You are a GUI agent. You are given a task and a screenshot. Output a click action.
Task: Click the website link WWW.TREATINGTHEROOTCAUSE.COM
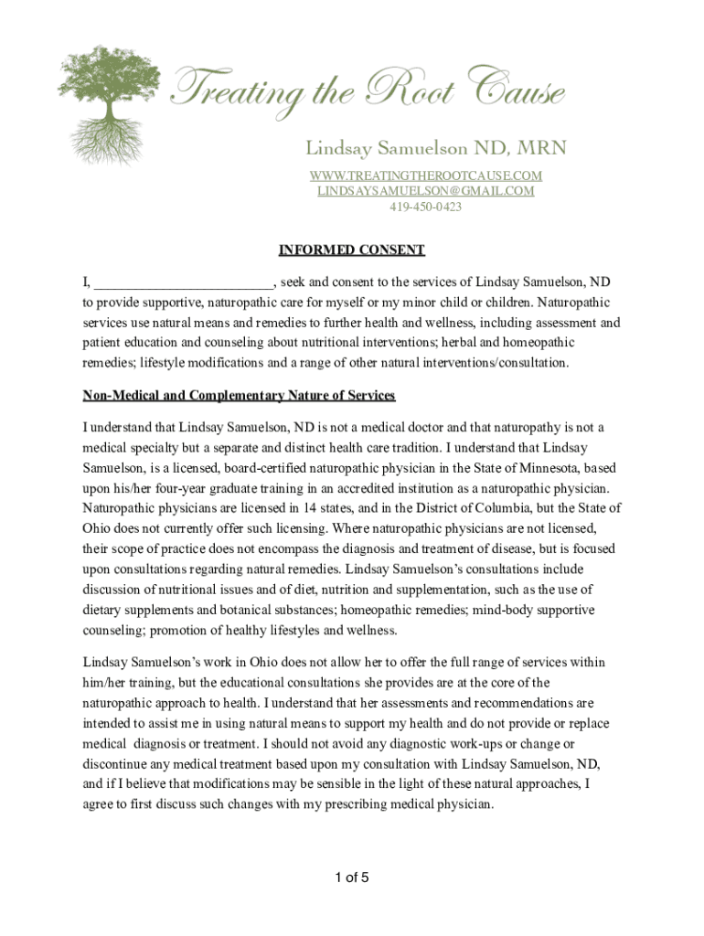tap(425, 175)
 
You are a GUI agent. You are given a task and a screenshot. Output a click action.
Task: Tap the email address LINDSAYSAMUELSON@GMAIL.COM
tap(425, 191)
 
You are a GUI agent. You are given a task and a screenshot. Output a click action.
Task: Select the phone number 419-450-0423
tap(425, 207)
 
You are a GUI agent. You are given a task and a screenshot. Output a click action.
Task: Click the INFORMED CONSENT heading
tap(352, 250)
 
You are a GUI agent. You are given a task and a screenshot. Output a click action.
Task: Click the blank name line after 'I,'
tap(183, 282)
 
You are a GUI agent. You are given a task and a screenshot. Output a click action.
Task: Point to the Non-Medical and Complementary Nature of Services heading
tap(239, 396)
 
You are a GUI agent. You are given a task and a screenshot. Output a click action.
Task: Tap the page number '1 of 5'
tap(352, 879)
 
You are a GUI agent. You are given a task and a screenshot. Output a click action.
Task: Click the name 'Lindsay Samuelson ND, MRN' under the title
tap(435, 148)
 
